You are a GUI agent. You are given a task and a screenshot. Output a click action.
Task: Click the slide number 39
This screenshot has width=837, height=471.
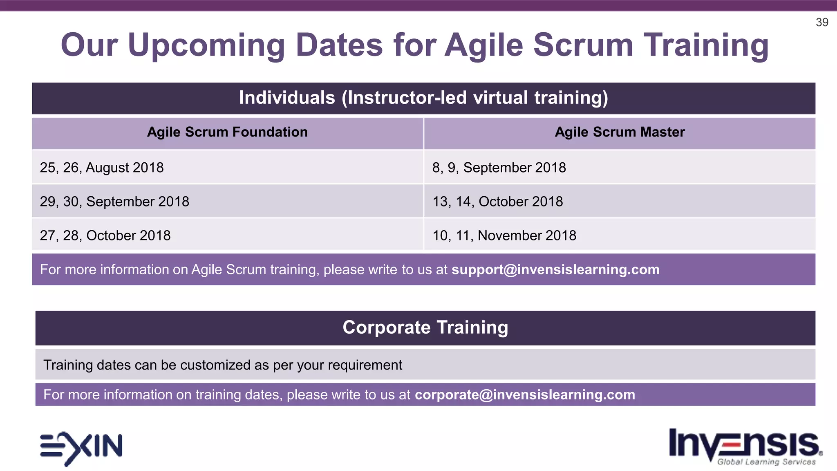point(821,22)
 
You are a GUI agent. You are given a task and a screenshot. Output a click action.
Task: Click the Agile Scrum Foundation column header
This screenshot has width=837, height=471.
point(227,132)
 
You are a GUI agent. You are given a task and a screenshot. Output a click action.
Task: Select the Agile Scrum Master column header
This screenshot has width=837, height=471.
point(619,132)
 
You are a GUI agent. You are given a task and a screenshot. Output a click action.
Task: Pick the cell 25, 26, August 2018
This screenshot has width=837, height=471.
point(102,168)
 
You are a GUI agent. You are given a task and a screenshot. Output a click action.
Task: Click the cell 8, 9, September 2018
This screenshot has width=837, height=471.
point(499,168)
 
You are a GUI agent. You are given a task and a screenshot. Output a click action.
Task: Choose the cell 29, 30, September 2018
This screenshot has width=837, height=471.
point(114,202)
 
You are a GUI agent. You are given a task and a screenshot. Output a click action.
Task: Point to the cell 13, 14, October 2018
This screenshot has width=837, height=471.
point(497,202)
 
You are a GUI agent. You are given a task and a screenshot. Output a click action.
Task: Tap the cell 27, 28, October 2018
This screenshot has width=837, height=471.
point(105,235)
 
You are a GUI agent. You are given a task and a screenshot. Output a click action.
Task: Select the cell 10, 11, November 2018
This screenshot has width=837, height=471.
point(504,235)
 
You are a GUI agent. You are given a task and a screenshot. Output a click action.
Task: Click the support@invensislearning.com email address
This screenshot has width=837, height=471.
point(555,269)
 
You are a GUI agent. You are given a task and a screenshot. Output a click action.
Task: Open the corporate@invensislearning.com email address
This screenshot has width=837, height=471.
point(525,395)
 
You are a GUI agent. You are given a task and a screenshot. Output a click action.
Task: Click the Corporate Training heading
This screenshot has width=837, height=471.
point(425,327)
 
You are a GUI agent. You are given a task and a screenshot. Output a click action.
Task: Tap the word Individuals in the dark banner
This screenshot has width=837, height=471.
point(287,98)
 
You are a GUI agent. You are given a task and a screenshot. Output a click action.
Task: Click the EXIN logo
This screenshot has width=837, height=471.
point(81,447)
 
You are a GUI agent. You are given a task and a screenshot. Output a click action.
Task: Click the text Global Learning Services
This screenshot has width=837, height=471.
point(766,462)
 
